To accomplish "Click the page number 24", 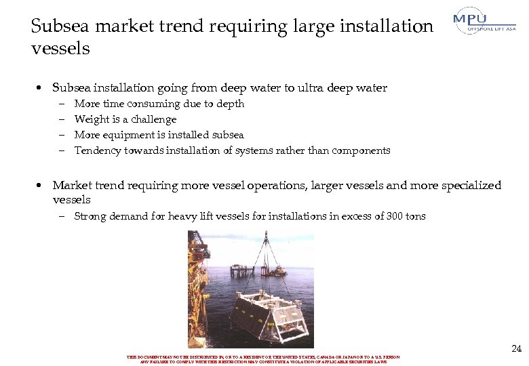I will [516, 349].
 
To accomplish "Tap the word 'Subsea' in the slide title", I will [60, 26].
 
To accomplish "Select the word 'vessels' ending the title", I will [60, 49].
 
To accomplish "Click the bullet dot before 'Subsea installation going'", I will [41, 88].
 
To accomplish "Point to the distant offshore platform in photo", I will [245, 269].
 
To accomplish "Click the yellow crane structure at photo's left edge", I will [199, 264].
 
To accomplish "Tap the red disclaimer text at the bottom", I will [263, 359].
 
